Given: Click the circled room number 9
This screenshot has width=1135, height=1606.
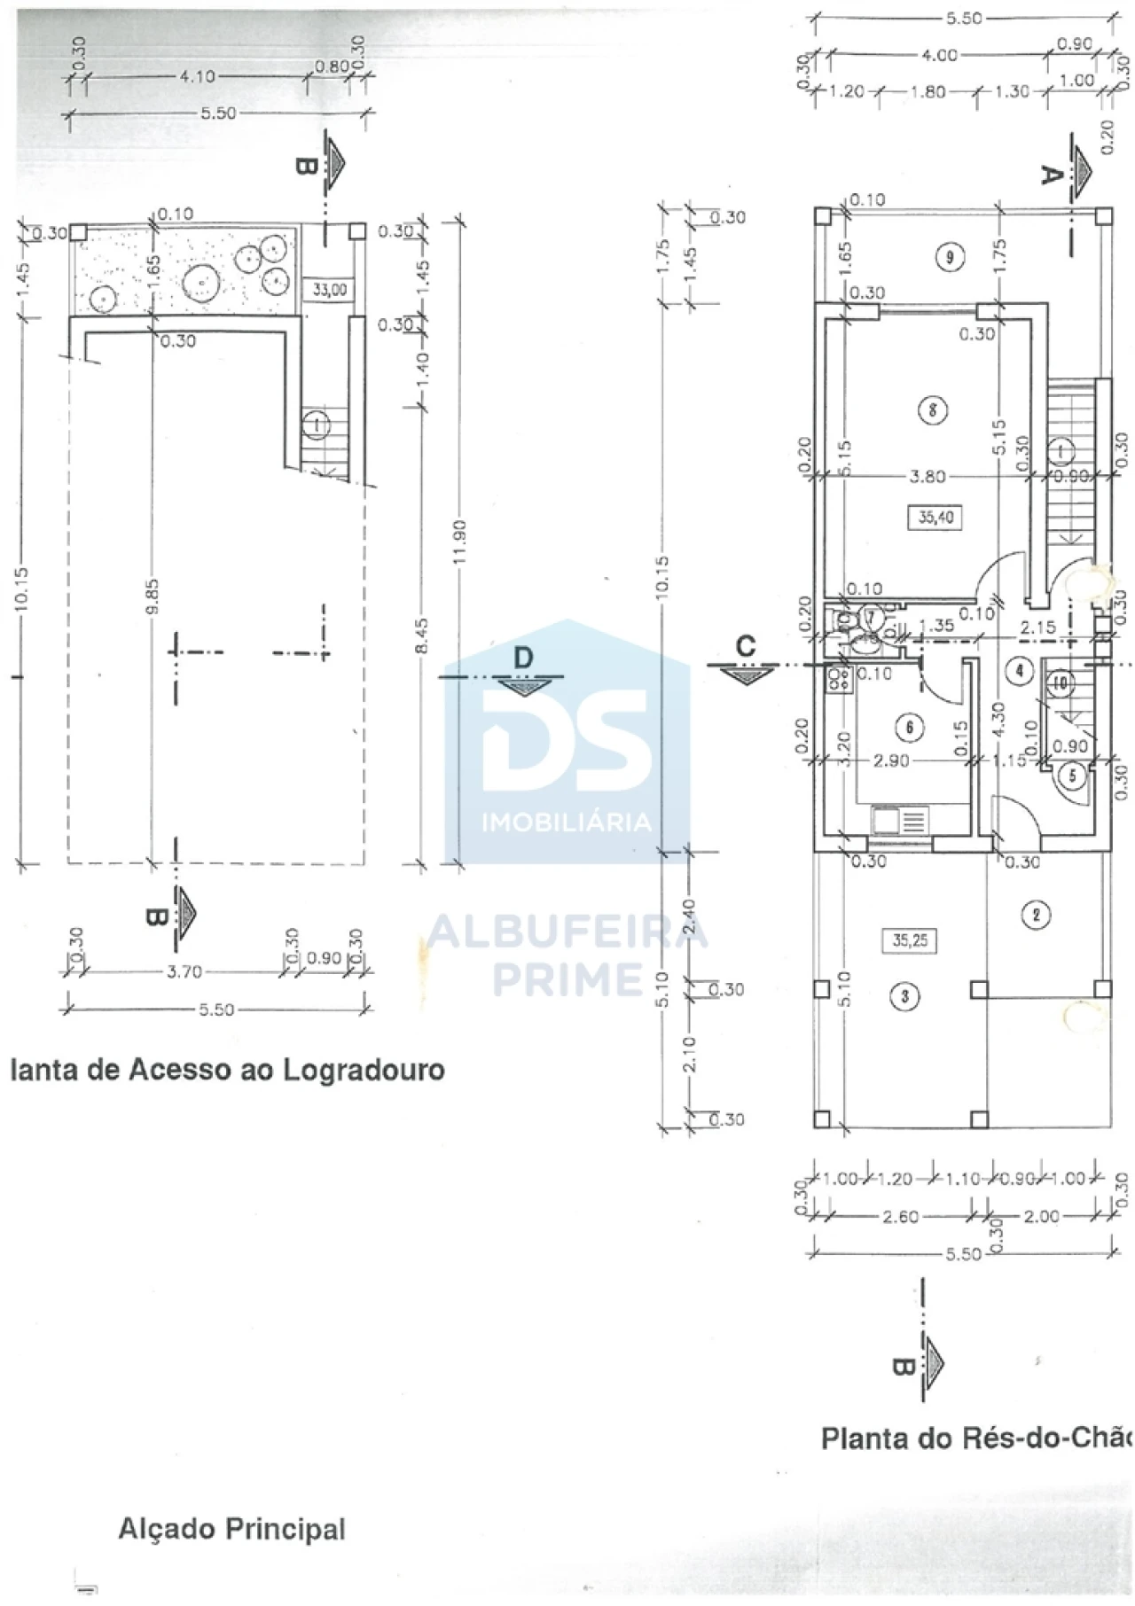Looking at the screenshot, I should click(x=950, y=258).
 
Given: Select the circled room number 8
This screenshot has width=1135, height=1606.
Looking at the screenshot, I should click(x=933, y=410).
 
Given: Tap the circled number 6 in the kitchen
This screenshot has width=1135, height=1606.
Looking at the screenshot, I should click(x=910, y=728).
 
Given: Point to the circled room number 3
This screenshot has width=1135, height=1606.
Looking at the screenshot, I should click(x=904, y=996).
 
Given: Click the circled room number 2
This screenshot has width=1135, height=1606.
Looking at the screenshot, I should click(x=1036, y=914).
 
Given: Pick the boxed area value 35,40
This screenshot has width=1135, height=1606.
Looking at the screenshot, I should click(x=936, y=517).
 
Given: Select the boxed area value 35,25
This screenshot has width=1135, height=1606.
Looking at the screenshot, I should click(x=911, y=940).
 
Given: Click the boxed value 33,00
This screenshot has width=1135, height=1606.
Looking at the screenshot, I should click(x=330, y=290).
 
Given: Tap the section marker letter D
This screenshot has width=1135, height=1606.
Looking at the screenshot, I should click(x=524, y=658).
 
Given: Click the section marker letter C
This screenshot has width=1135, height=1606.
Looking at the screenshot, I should click(x=747, y=646).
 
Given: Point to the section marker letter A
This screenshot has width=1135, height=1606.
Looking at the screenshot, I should click(x=1051, y=175).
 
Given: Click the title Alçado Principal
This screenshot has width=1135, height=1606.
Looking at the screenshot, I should click(x=231, y=1529).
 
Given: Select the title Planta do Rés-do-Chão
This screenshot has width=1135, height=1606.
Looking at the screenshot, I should click(x=976, y=1438).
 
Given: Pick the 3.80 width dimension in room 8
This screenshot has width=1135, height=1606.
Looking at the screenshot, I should click(x=928, y=477).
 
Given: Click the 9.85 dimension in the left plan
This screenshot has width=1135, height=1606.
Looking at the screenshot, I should click(x=152, y=596).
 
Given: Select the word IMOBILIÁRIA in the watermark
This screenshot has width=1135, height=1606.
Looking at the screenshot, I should click(x=567, y=822).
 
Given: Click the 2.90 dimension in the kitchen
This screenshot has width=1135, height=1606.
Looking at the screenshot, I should click(x=890, y=760).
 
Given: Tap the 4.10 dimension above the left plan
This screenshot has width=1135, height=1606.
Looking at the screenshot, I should click(x=197, y=77).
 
